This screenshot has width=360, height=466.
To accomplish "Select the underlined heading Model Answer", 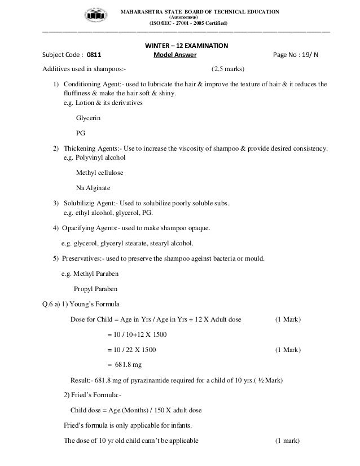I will (x=174, y=56).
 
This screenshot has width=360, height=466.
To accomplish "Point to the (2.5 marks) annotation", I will (x=227, y=69).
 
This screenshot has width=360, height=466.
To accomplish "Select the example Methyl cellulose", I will (x=99, y=173).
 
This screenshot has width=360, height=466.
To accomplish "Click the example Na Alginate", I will (x=93, y=187).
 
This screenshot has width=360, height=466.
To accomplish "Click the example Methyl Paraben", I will (x=94, y=274).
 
